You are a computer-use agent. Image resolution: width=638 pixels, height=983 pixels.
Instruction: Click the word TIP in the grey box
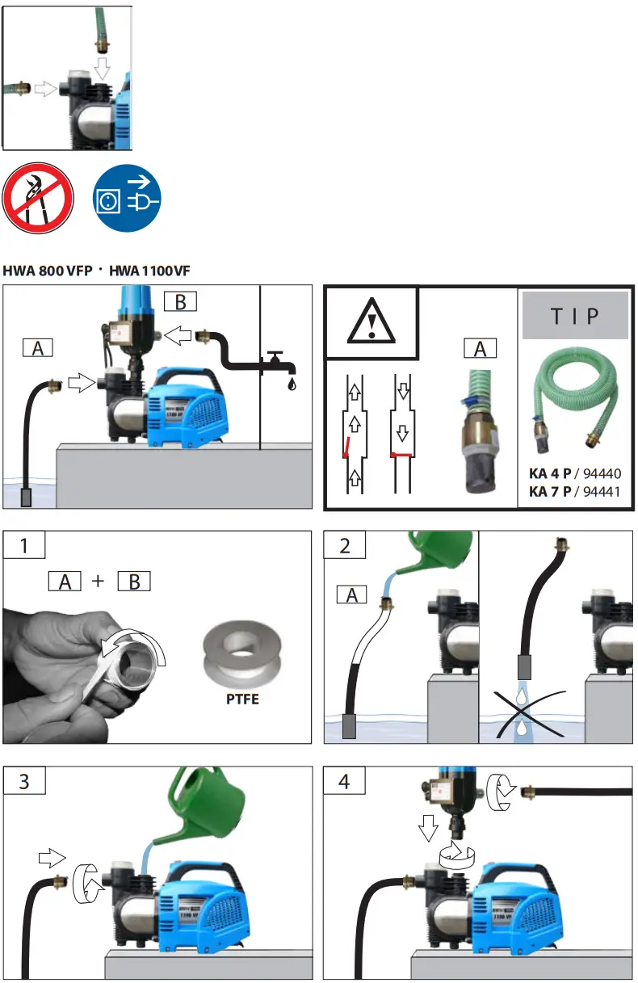[575, 316]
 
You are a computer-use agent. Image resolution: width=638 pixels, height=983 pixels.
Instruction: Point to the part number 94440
[602, 474]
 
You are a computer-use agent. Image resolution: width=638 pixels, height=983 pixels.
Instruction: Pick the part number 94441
[602, 490]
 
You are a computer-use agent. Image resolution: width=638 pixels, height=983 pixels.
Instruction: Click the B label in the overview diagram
[180, 302]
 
